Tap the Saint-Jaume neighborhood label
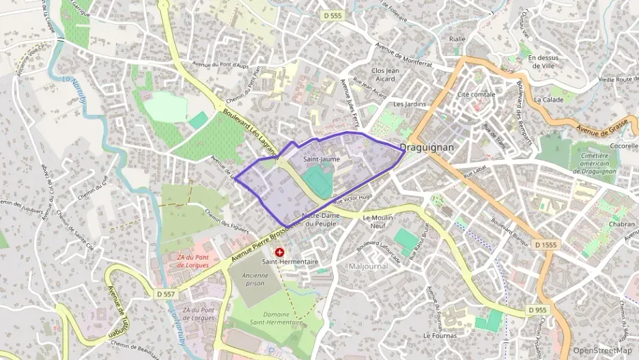[321, 159]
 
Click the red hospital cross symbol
[279, 252]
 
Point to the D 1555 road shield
[547, 244]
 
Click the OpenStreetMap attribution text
[602, 350]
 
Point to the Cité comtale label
[476, 94]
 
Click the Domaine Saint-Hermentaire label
[267, 318]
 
